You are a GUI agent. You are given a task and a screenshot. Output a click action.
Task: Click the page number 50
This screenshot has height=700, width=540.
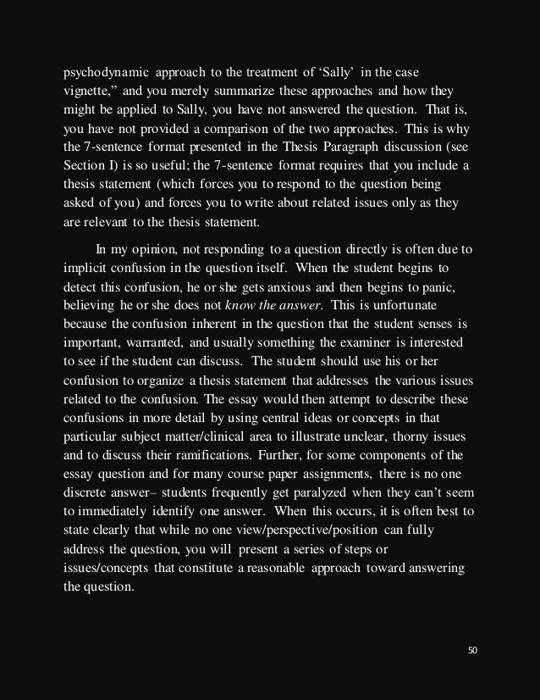tap(473, 650)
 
